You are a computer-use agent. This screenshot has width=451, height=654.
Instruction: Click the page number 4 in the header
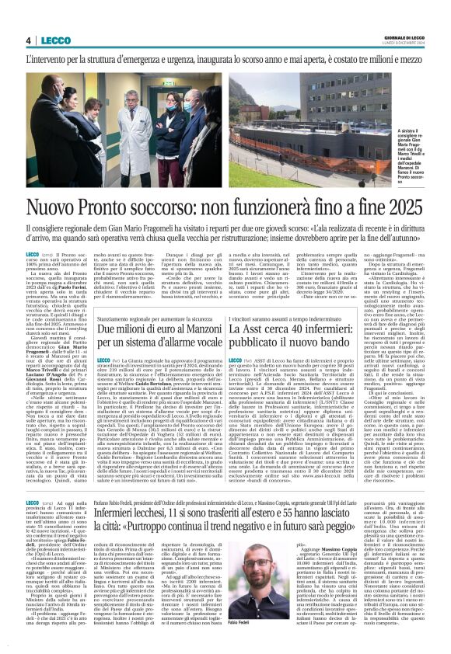28,40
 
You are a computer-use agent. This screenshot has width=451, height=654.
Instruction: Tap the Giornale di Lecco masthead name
401,37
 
